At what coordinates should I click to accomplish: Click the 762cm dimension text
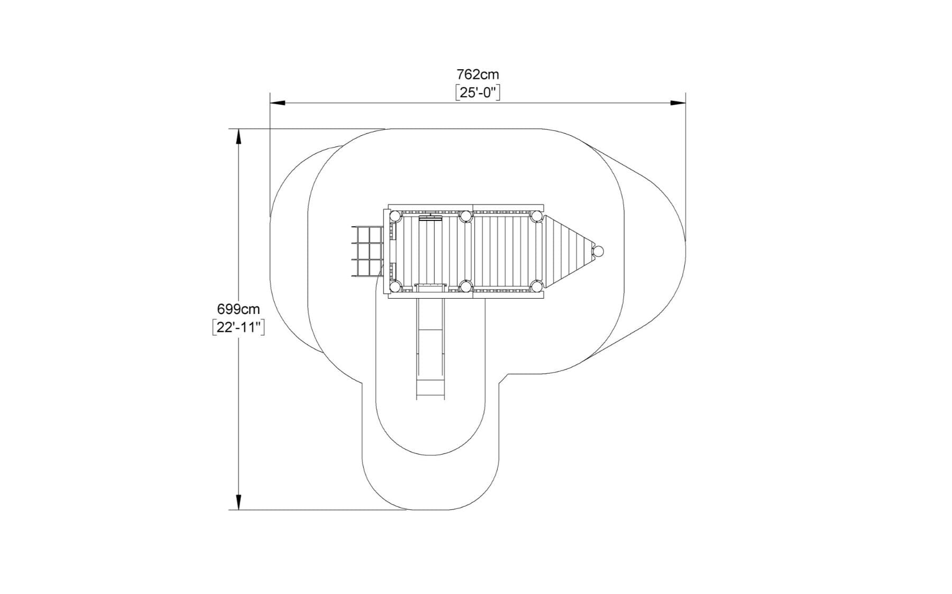[478, 74]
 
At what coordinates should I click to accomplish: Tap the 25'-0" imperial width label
[478, 92]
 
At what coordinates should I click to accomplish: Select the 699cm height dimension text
[239, 309]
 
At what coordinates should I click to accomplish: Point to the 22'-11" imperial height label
[238, 327]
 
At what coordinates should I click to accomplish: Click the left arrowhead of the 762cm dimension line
[278, 103]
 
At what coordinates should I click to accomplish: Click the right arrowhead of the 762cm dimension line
[678, 103]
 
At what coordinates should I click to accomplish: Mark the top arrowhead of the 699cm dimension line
[239, 136]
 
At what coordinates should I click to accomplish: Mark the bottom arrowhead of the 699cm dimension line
[239, 502]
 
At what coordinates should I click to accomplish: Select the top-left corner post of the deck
[395, 216]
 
